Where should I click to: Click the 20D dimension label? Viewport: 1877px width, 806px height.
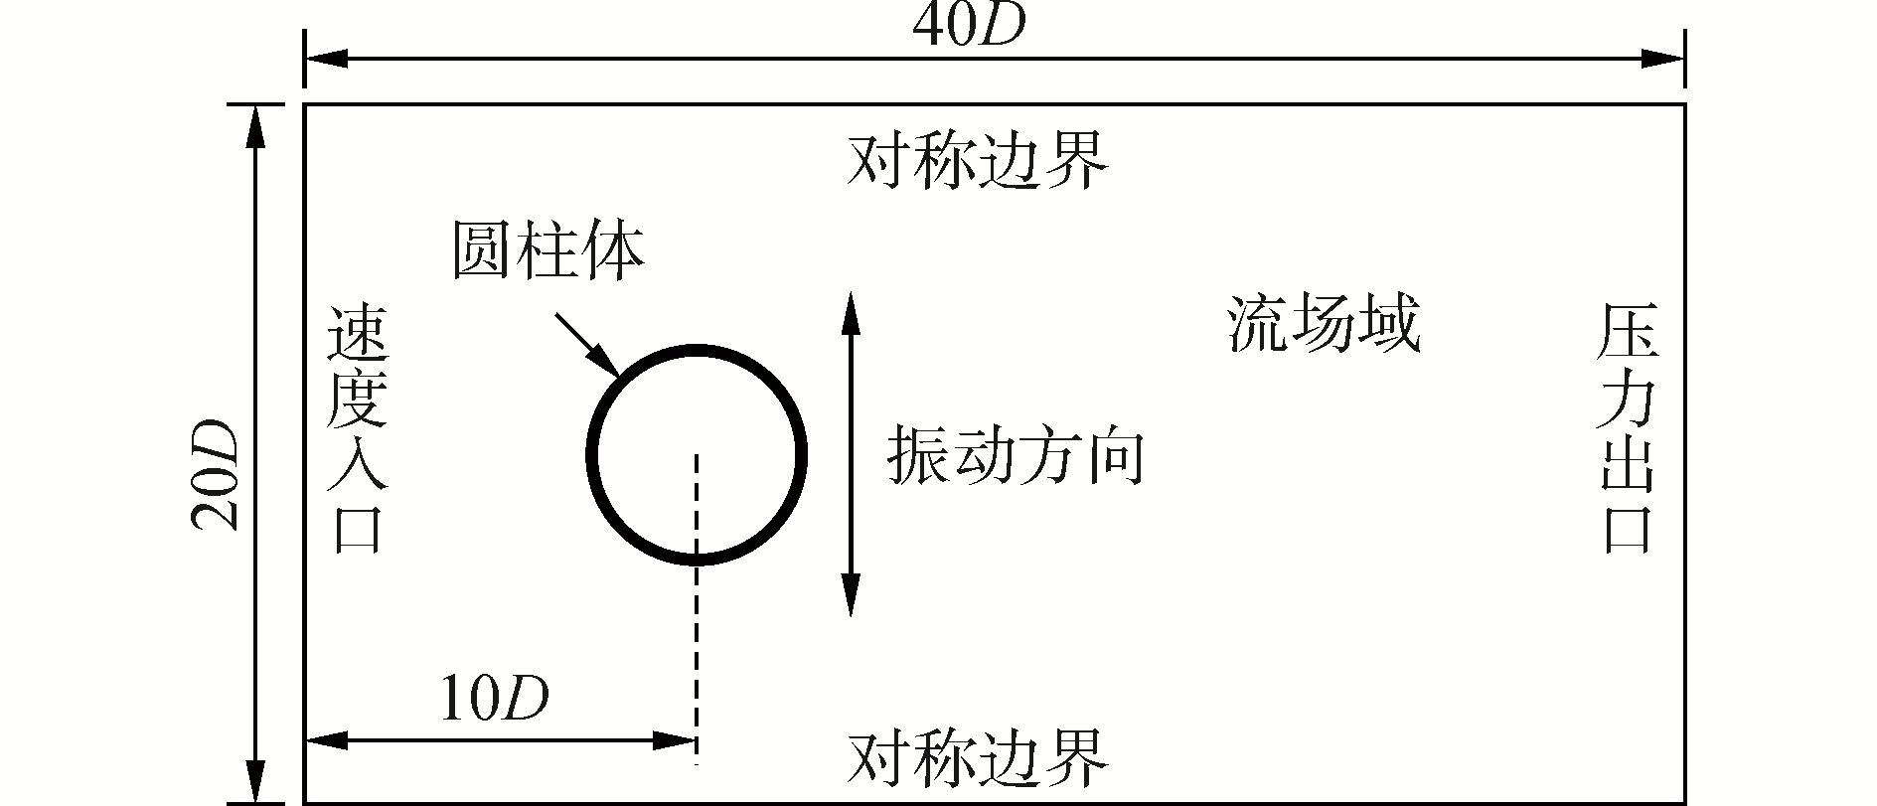215,475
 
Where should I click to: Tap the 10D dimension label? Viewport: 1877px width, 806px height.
495,701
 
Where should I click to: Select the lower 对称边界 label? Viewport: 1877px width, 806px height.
977,758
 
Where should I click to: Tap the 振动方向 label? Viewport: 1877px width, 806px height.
1016,457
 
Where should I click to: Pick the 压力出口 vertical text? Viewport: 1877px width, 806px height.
1628,442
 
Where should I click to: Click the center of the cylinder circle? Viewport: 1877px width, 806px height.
697,455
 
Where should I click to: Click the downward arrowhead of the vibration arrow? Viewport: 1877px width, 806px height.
850,596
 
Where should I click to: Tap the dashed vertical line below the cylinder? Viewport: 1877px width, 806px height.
697,656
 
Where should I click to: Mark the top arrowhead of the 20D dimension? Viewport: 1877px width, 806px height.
256,125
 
